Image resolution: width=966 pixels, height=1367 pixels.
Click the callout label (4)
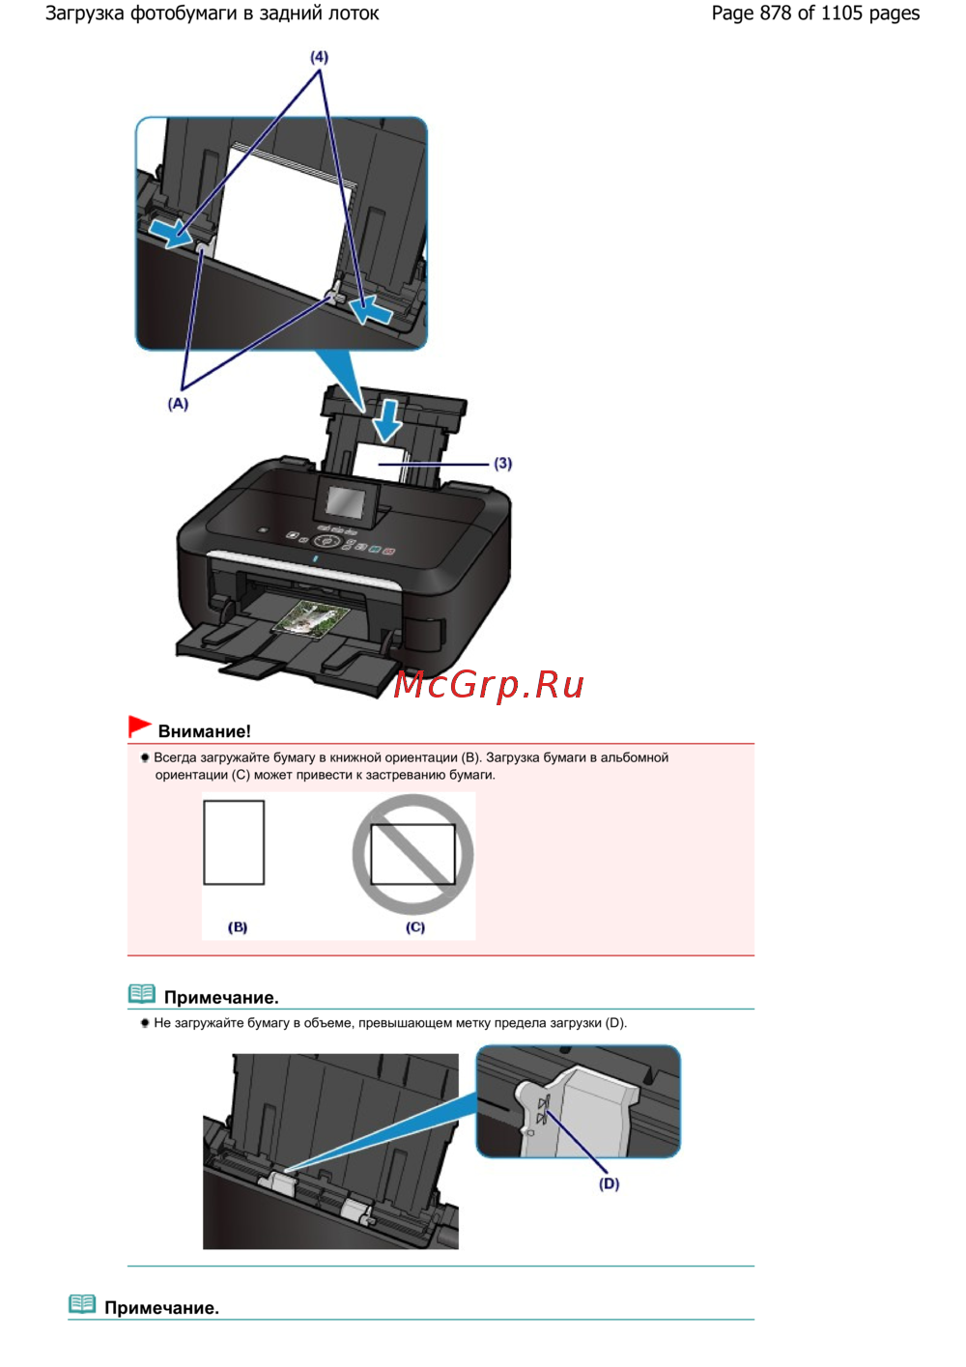click(x=319, y=57)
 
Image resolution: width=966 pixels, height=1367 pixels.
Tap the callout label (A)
click(x=178, y=404)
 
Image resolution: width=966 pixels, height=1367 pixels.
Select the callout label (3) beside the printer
click(x=502, y=463)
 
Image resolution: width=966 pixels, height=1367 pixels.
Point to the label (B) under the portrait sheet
click(x=238, y=927)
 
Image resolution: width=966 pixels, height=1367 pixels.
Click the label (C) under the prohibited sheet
click(x=415, y=927)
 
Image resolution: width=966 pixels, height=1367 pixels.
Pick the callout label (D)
click(x=609, y=1183)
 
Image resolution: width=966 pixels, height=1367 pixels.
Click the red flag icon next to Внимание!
click(x=140, y=726)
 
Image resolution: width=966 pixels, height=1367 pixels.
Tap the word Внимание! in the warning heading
click(x=205, y=731)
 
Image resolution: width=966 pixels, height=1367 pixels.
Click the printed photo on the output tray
click(x=311, y=618)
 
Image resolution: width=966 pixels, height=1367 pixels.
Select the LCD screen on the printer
click(x=345, y=500)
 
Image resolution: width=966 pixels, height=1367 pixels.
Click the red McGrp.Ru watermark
click(x=488, y=684)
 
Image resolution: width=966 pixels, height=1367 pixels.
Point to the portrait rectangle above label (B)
click(x=234, y=842)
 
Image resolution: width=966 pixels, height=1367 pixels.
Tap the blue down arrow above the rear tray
click(x=387, y=421)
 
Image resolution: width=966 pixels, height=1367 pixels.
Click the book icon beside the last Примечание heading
click(x=82, y=1304)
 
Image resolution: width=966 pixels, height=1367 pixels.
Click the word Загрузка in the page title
click(x=85, y=13)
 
